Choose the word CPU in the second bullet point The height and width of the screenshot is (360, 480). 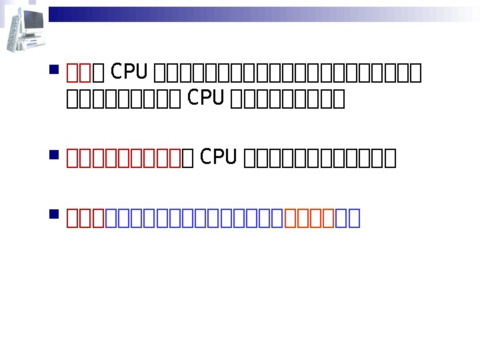(218, 157)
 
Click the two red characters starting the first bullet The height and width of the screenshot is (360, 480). (79, 71)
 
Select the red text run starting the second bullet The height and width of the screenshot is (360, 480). (124, 158)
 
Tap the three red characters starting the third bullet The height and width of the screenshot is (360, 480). (86, 218)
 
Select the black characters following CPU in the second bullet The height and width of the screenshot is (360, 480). (321, 158)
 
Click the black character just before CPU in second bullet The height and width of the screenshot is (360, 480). (188, 158)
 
